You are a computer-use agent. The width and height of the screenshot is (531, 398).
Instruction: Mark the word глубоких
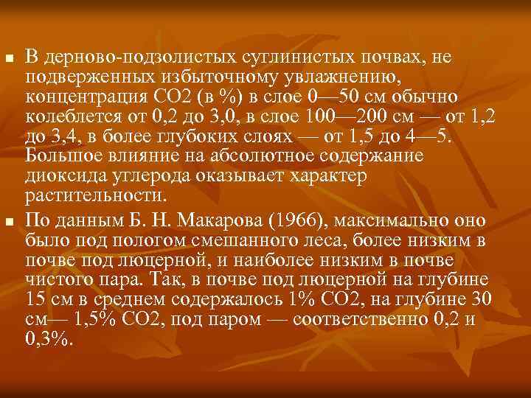(x=181, y=137)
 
